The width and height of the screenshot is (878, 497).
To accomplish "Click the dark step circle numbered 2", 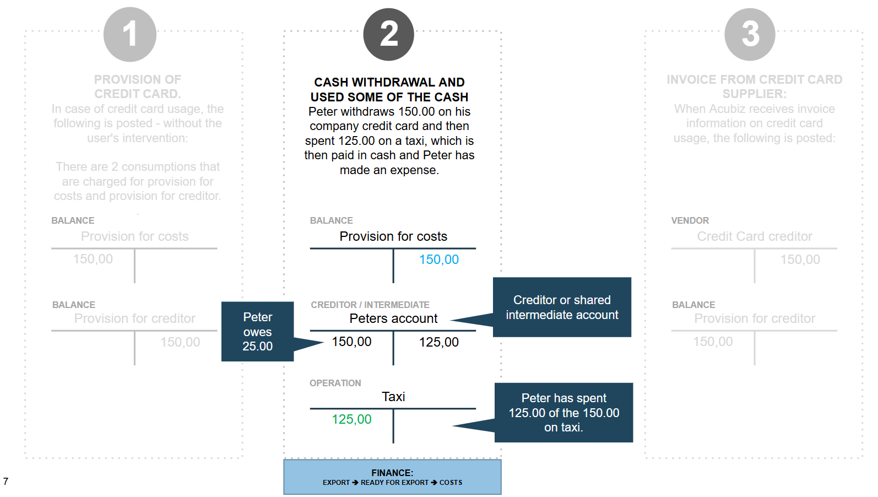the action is click(388, 35).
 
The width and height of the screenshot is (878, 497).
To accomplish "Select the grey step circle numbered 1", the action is click(130, 35).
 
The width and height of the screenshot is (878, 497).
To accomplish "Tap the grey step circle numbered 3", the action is click(750, 35).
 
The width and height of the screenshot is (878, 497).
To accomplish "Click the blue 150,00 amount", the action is click(438, 260).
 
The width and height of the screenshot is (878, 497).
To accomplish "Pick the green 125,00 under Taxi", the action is click(351, 419).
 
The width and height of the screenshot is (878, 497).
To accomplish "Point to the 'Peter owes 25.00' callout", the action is click(258, 332).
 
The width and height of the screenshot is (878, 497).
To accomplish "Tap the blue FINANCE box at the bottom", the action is click(392, 477).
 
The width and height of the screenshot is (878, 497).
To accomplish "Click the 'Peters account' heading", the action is click(393, 318).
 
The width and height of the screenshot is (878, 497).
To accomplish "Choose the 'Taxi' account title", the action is click(393, 397).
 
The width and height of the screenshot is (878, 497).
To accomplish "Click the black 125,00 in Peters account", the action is click(438, 342).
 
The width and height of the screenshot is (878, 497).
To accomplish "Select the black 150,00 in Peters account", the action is click(351, 342).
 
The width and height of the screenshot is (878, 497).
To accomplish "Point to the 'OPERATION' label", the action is click(335, 383).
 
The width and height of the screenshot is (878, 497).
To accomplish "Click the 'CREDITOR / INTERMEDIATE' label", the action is click(370, 305).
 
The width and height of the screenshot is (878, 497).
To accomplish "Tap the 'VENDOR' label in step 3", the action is click(690, 220).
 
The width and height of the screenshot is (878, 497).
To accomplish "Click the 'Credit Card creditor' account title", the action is click(755, 236).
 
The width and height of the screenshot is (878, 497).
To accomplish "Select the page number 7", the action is click(6, 482).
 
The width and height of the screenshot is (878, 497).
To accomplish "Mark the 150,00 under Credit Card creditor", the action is click(800, 260).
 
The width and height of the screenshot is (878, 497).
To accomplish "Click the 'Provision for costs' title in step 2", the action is click(393, 236).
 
